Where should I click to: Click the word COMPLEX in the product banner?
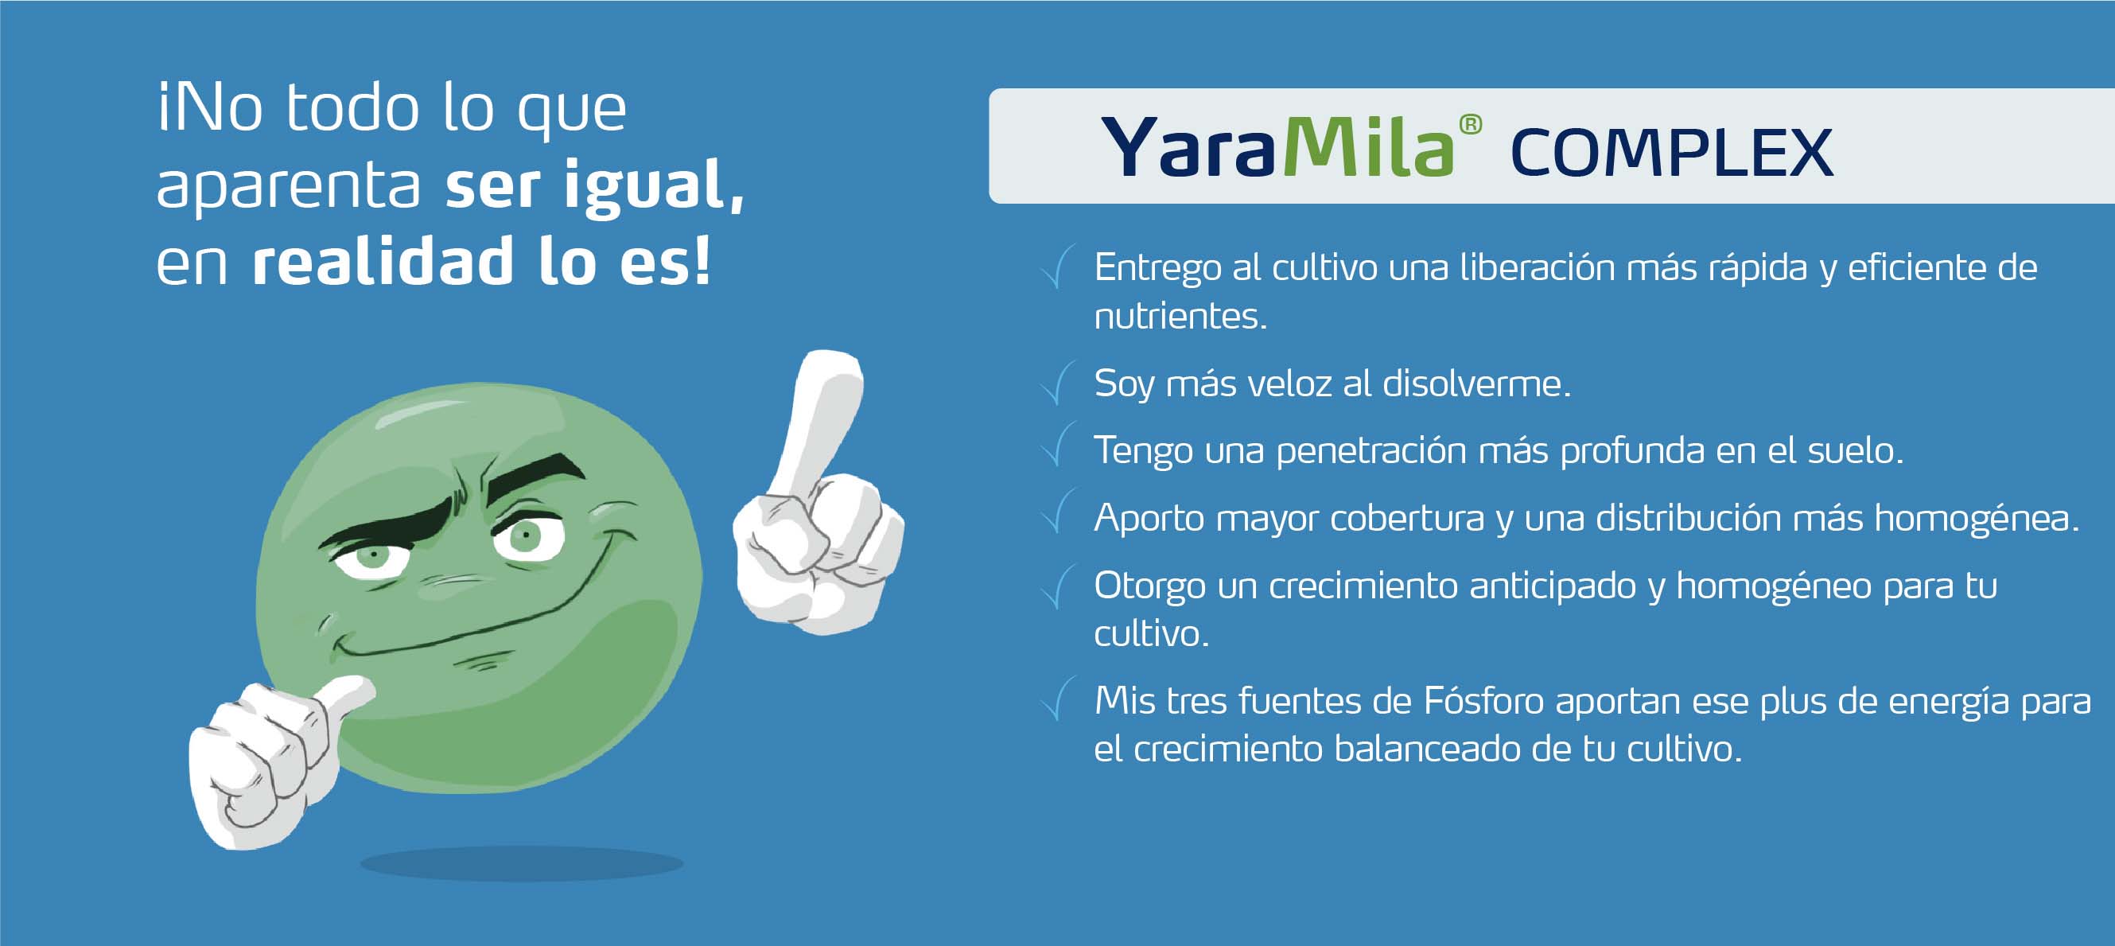(x=1672, y=153)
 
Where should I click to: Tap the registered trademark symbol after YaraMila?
(x=1470, y=125)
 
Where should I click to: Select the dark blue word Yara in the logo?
(x=1190, y=147)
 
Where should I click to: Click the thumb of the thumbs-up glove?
(x=345, y=698)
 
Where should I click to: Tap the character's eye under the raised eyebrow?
(x=527, y=538)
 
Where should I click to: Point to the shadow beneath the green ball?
(x=521, y=864)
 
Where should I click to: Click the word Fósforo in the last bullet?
(x=1483, y=701)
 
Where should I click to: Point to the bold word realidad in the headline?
(x=383, y=261)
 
